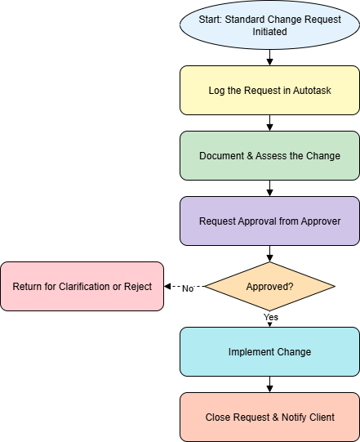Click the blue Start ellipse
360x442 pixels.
tap(269, 25)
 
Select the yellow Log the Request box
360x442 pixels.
tap(269, 90)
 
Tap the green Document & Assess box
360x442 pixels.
tap(269, 155)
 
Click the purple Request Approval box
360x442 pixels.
tap(269, 221)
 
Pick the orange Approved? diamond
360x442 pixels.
tap(269, 287)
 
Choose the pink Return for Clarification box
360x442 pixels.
tap(82, 287)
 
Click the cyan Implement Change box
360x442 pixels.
tap(269, 352)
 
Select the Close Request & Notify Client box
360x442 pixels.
tap(269, 417)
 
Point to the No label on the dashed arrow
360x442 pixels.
tap(188, 288)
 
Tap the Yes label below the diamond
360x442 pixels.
tap(271, 317)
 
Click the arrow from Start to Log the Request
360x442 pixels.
tap(270, 57)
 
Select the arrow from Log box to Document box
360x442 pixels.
tap(270, 123)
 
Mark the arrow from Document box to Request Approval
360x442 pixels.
tap(270, 188)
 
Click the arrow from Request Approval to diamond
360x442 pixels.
tap(270, 254)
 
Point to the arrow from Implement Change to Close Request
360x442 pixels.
tap(270, 385)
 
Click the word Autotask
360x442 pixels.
tap(312, 91)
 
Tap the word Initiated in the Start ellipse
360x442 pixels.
tap(269, 31)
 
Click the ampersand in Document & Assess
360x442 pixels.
tap(250, 156)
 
